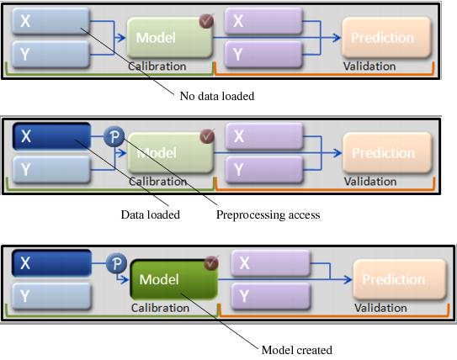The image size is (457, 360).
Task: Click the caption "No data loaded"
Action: click(217, 96)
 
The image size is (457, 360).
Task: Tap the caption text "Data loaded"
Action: click(150, 214)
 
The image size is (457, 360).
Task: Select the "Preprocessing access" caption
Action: click(268, 214)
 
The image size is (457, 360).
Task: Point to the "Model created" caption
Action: click(296, 350)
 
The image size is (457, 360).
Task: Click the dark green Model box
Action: click(173, 279)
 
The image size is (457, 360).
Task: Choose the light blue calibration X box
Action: click(50, 21)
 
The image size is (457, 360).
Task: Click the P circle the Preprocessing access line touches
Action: click(114, 137)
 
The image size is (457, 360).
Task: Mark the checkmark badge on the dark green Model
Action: click(211, 263)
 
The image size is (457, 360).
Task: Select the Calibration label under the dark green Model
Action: click(160, 308)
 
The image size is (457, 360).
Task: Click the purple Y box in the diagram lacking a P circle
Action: click(263, 53)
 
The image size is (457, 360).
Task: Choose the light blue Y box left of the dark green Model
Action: click(51, 296)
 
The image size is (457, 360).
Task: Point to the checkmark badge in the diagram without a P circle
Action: click(205, 20)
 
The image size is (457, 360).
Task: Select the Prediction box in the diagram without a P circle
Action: click(382, 38)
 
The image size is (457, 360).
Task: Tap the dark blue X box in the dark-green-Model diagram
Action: click(51, 263)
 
